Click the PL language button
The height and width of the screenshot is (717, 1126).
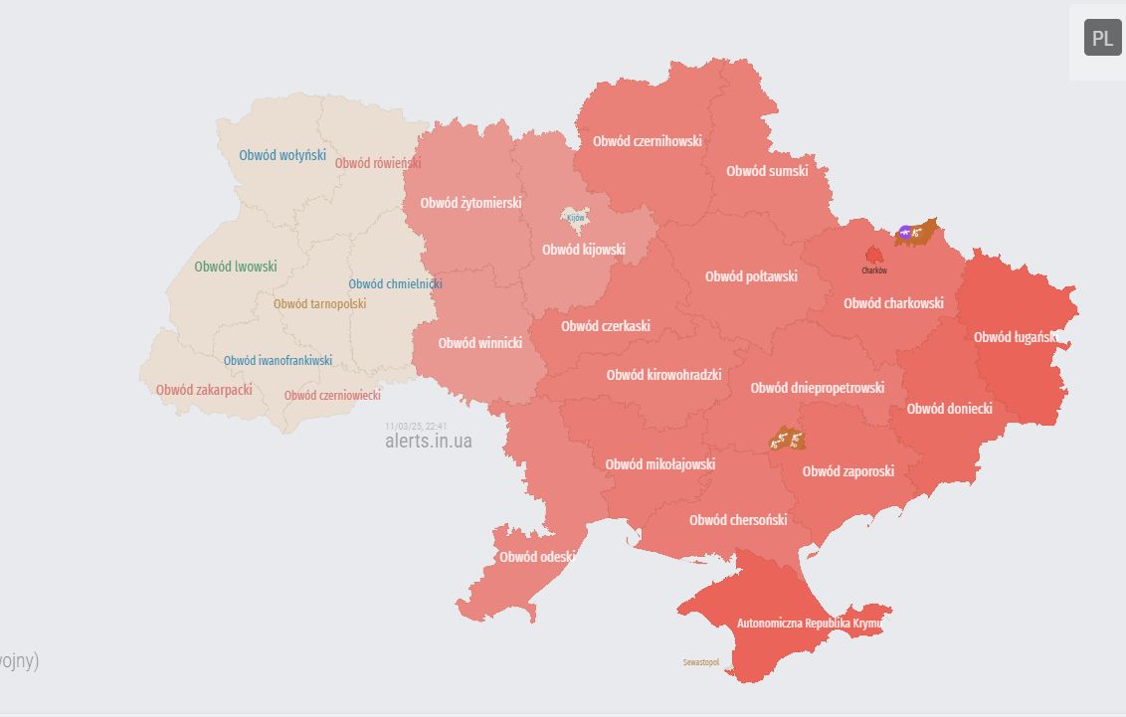point(1102,39)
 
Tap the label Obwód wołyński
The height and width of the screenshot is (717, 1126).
point(282,155)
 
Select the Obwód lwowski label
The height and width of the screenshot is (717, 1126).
point(236,267)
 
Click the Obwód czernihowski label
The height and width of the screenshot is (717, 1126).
point(647,141)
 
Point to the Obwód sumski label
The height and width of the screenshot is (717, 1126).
point(767,171)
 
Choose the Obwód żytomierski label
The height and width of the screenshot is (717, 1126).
point(470,203)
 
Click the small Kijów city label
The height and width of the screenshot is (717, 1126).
point(576,218)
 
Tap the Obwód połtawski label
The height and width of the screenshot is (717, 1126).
point(751,276)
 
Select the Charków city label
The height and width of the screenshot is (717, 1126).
point(874,270)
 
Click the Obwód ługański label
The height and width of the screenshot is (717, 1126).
point(1015,337)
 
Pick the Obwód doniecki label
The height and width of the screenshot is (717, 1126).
point(949,409)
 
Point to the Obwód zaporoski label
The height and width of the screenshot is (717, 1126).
point(847,471)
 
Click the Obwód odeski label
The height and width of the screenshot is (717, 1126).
point(537,557)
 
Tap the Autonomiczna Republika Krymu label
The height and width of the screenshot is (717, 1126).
point(809,624)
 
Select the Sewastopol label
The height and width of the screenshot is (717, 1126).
point(701,662)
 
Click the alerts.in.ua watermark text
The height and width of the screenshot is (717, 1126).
point(428,441)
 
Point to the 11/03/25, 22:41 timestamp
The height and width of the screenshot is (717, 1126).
point(416,426)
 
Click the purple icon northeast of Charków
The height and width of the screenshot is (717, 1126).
point(904,233)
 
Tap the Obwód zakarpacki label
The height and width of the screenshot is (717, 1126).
point(204,390)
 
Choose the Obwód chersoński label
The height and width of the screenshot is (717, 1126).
point(738,520)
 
